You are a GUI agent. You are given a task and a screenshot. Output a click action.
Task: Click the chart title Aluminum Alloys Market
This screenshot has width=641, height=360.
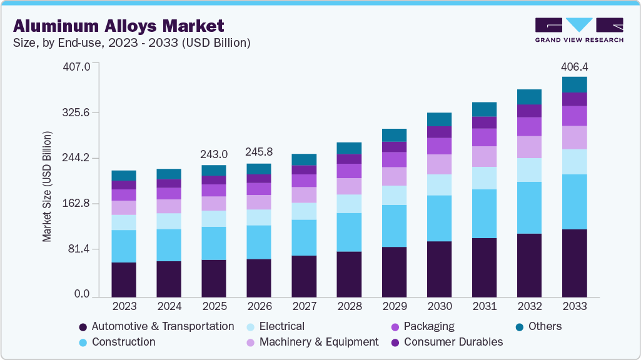118,26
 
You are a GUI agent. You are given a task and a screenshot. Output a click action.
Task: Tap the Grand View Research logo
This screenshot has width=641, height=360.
579,29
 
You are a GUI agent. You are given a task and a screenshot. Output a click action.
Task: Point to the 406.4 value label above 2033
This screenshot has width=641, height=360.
574,66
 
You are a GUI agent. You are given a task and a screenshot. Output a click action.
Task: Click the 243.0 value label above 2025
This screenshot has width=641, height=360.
214,154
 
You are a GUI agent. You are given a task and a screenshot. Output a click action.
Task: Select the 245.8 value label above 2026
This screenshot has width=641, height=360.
259,152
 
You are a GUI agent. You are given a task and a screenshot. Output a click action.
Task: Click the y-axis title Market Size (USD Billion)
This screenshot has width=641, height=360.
47,187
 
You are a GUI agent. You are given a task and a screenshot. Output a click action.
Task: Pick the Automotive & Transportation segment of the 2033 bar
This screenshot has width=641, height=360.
574,262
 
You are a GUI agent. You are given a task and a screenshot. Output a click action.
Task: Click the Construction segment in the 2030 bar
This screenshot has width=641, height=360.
439,218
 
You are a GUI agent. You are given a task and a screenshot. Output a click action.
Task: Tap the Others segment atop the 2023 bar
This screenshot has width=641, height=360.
124,176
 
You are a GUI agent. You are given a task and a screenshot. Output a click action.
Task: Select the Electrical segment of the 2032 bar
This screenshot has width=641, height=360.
529,170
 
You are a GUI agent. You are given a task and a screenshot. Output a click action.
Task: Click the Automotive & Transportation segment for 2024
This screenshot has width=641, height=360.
169,279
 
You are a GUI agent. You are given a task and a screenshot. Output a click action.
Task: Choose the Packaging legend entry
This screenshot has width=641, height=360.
429,326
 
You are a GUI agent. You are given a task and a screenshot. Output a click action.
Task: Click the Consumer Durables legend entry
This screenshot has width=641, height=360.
453,342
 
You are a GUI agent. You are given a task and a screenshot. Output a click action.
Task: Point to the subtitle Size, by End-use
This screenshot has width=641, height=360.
131,43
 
